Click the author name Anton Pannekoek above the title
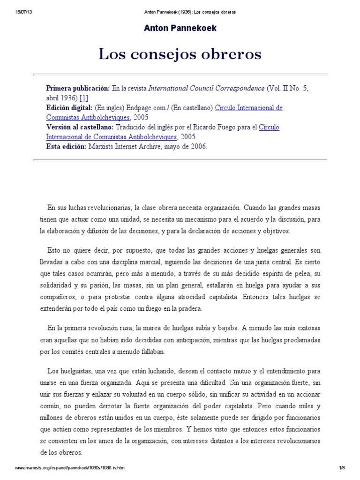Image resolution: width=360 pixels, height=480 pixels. click(x=180, y=28)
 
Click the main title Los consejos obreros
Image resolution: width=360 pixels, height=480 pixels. click(x=180, y=54)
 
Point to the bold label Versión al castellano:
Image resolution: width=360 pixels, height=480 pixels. click(x=79, y=127)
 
